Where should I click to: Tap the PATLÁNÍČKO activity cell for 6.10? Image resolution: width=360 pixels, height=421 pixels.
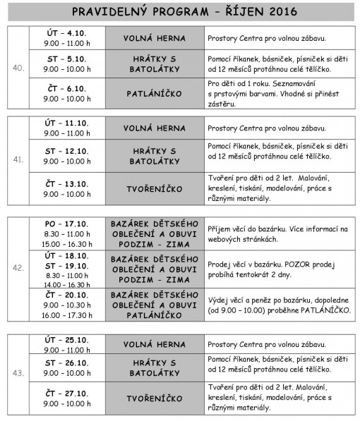pos(153,94)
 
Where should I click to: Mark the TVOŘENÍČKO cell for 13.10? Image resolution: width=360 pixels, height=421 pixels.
pos(153,189)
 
